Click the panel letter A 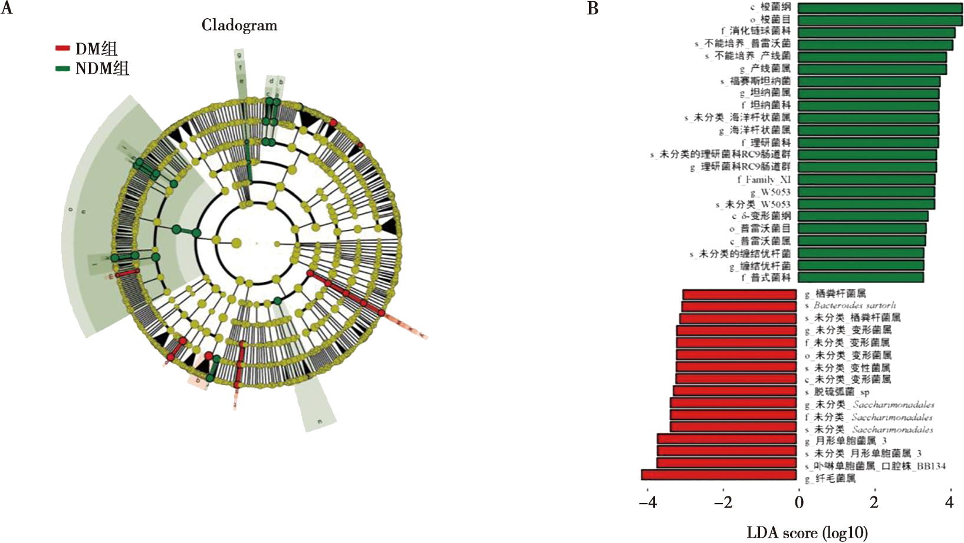coord(7,8)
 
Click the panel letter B coord(593,8)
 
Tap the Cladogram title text coord(239,25)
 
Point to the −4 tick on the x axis coord(647,502)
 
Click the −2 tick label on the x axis coord(723,502)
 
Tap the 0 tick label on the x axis coord(799,502)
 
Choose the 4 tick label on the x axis coord(949,502)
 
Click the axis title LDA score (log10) coord(807,532)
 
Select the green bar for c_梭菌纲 coord(880,8)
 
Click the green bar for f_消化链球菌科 coord(876,32)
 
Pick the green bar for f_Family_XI coord(866,179)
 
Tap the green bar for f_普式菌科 coord(861,277)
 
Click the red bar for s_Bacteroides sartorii coord(739,306)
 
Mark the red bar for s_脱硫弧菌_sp coord(735,391)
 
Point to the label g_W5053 coord(770,192)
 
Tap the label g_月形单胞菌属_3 coord(845,440)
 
